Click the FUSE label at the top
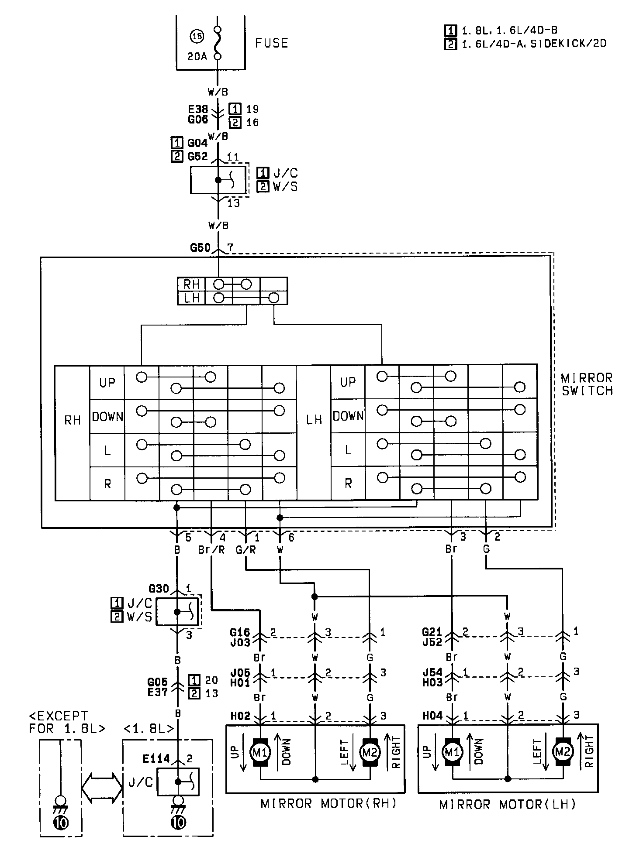[x=271, y=43]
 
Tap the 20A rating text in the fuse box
[x=197, y=57]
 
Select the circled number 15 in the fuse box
[x=196, y=37]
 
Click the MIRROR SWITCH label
[x=587, y=384]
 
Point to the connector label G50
[x=200, y=248]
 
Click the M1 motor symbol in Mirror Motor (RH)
[x=260, y=752]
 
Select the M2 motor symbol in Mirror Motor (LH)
[x=562, y=751]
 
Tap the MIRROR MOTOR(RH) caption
[x=328, y=803]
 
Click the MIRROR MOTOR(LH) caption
[x=508, y=804]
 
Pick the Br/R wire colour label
[x=211, y=550]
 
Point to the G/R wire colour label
[x=245, y=550]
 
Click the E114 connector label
[x=156, y=758]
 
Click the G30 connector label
[x=159, y=589]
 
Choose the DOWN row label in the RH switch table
[x=107, y=416]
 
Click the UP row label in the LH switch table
[x=348, y=382]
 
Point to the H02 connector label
[x=239, y=716]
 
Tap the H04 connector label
[x=432, y=716]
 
